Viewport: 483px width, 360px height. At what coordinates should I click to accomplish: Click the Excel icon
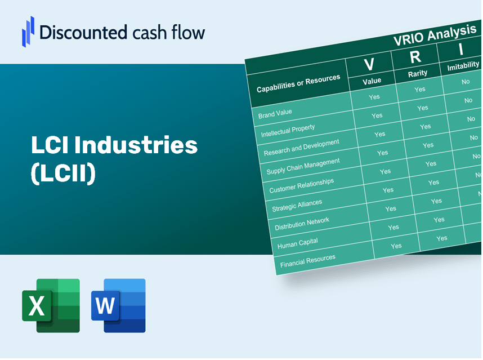coord(51,305)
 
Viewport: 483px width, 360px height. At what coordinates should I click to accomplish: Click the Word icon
coord(118,305)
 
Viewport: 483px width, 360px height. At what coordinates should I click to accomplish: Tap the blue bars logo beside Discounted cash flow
coord(28,32)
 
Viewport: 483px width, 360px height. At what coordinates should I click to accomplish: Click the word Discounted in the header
coord(83,32)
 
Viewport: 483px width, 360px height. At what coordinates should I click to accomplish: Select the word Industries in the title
coord(136,145)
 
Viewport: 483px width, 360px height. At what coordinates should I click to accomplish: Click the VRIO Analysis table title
coord(435,35)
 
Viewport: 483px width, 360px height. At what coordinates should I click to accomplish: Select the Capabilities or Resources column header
coord(298,83)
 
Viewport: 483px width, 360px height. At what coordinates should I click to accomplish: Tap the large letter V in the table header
coord(369,64)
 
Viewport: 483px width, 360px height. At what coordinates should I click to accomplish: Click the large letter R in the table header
coord(415,57)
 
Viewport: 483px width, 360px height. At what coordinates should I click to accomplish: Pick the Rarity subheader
coord(418,74)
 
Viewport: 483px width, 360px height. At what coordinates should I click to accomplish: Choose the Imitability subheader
coord(463,66)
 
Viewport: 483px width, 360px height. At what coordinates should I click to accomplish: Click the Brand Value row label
coord(275,114)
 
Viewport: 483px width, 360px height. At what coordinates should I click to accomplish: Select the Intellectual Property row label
coord(288,131)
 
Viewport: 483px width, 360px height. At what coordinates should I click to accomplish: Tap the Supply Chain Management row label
coord(303,166)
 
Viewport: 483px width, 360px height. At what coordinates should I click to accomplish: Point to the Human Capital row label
coord(297,243)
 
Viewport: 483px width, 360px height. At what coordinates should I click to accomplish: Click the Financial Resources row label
coord(307,261)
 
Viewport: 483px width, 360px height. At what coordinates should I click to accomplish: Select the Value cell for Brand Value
coord(374,97)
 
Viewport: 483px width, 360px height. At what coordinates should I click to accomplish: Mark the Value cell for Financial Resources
coord(396,246)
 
